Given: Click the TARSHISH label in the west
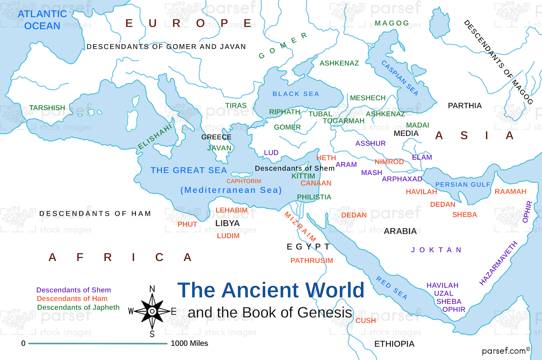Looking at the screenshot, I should point(47,108).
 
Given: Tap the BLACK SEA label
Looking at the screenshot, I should point(296,94).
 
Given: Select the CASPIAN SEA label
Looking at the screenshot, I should point(400,78).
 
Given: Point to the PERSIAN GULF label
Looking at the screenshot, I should point(462,185).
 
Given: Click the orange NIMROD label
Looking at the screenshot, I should point(389,162).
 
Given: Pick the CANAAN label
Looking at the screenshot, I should point(316,183).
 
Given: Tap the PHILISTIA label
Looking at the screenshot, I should point(314,197).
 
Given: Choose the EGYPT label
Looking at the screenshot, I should point(308,246).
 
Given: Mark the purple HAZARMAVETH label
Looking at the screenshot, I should point(498,263).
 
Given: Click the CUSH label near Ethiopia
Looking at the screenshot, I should point(365,321).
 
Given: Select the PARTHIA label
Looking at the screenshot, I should point(465,105).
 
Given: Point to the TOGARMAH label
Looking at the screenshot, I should point(343,121).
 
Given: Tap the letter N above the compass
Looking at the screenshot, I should point(152,289).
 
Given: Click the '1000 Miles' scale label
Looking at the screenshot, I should point(189,343).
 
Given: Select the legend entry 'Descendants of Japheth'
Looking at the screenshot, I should point(78,307).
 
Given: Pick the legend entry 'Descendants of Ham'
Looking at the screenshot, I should point(72,299).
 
